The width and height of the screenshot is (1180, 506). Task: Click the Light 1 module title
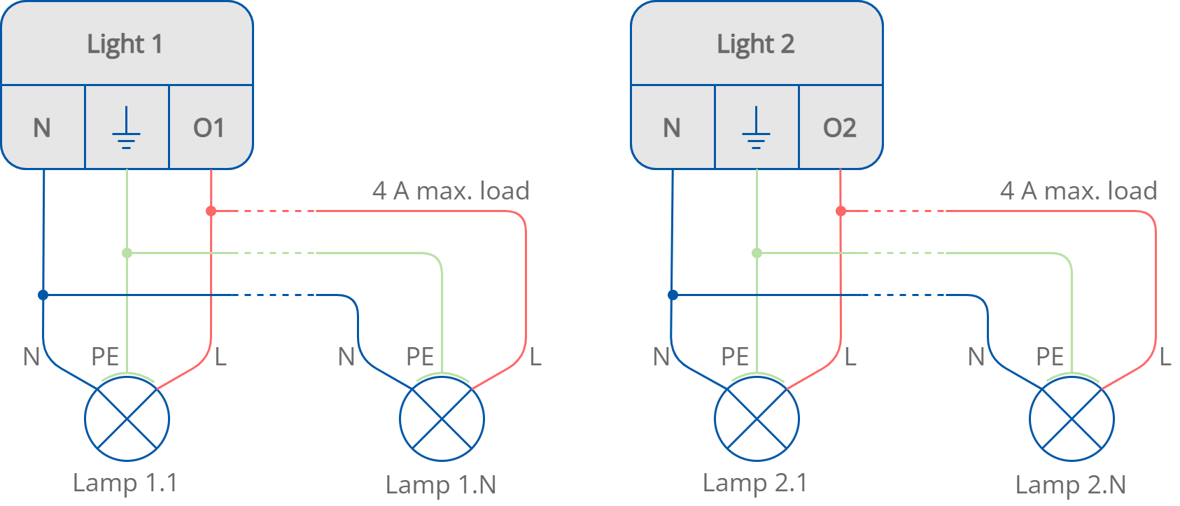point(125,44)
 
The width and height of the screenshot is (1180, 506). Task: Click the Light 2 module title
point(755,44)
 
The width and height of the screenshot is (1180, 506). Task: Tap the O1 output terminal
point(209,128)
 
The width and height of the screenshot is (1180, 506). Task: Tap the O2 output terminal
point(839,128)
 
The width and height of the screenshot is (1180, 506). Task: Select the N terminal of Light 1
point(42,128)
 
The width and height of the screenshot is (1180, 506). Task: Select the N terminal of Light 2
point(672,128)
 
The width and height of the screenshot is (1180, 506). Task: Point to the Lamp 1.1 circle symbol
point(127,419)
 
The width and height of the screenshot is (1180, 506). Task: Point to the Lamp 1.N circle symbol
point(442,419)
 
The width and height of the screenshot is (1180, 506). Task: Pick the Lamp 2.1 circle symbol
point(757,419)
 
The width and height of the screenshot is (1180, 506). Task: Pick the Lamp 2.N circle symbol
point(1072,419)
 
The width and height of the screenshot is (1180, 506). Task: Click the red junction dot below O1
point(211,211)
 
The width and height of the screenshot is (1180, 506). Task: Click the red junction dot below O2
point(841,211)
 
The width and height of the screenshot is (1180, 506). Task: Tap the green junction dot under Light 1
point(127,253)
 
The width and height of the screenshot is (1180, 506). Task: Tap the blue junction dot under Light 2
point(673,295)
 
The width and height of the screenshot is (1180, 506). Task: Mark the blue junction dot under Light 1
point(43,295)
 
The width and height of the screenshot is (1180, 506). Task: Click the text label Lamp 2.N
point(1071,484)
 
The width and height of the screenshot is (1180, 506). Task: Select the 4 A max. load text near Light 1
point(451,190)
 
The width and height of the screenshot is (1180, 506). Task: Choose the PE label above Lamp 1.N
point(420,357)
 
